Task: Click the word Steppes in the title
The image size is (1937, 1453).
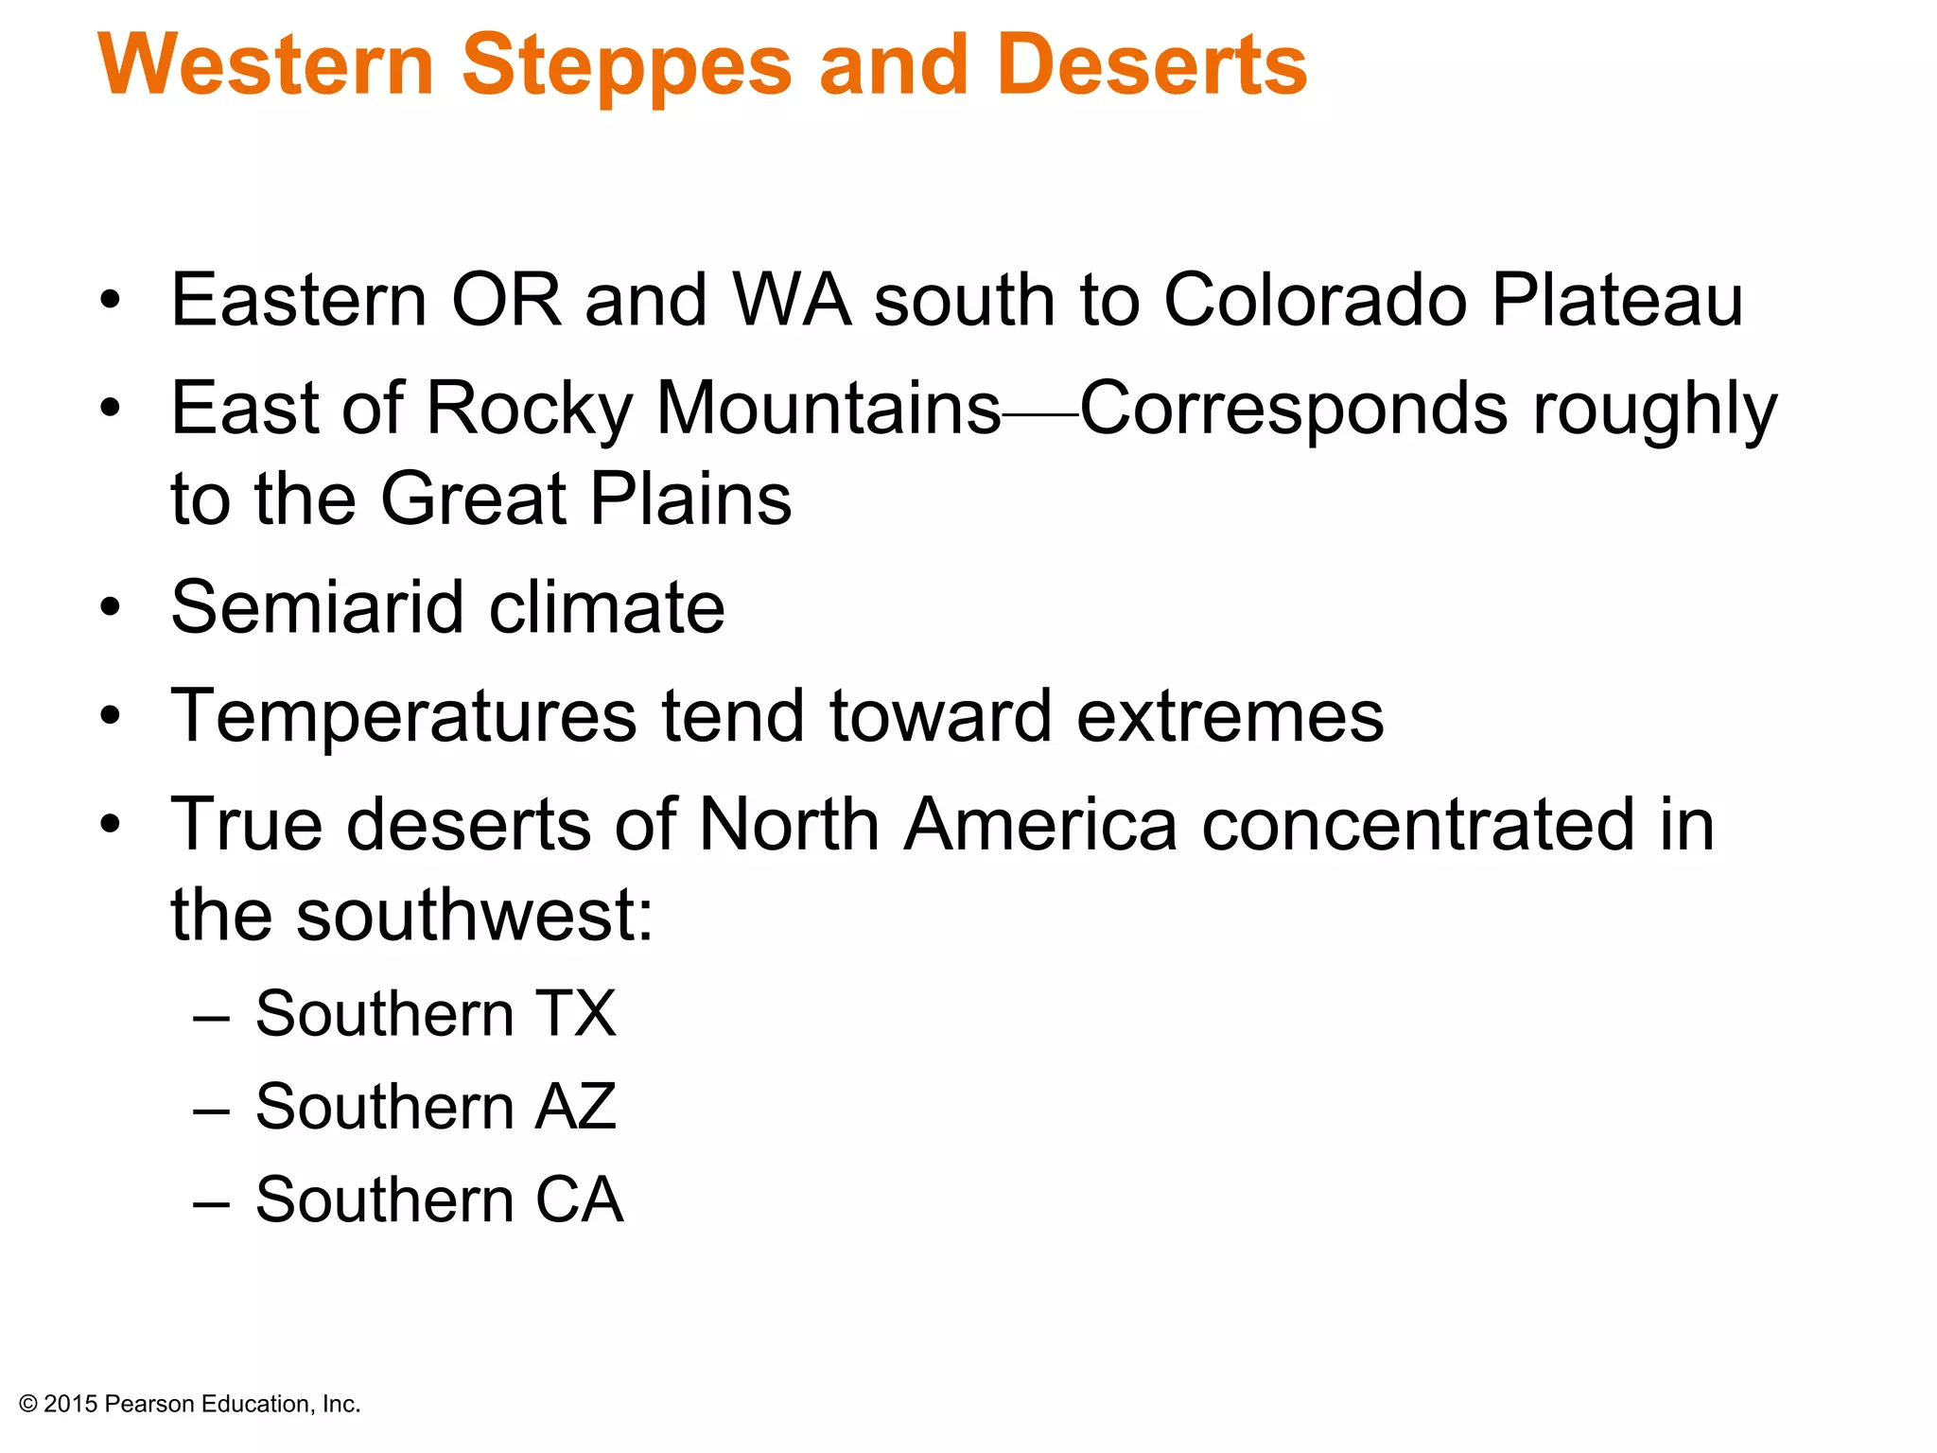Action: click(x=626, y=66)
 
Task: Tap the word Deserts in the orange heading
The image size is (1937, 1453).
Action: click(x=1151, y=66)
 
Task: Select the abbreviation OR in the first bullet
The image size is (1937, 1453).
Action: click(x=506, y=301)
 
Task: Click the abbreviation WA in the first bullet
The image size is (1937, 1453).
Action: click(x=792, y=301)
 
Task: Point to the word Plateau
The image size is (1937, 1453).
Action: click(x=1616, y=301)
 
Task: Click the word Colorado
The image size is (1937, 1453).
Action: click(x=1315, y=301)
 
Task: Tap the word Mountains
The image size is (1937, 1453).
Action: click(x=829, y=409)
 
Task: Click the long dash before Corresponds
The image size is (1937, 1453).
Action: click(x=1040, y=414)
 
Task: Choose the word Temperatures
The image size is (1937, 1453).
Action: click(x=404, y=717)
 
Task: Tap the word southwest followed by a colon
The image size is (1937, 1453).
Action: click(x=473, y=916)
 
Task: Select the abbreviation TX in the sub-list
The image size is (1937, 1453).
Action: click(x=576, y=1014)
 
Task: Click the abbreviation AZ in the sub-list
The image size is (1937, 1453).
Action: click(x=576, y=1107)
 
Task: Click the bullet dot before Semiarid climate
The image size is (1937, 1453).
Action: click(x=112, y=607)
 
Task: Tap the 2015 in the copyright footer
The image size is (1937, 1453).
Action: click(x=70, y=1404)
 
